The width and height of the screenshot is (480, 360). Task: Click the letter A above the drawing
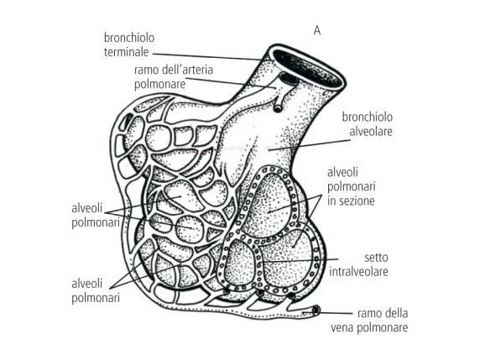click(317, 31)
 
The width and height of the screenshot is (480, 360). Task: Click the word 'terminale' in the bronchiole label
click(127, 52)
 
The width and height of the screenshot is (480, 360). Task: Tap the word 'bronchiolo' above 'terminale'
click(129, 38)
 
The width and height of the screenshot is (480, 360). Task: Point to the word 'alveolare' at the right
click(371, 131)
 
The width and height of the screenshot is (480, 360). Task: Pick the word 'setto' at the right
click(376, 258)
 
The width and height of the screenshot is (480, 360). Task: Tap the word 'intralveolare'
click(359, 272)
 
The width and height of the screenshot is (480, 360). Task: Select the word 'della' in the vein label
click(395, 313)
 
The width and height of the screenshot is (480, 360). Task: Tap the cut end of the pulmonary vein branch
click(316, 310)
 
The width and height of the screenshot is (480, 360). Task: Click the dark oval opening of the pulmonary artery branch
click(289, 79)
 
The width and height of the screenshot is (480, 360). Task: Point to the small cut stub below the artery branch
click(278, 108)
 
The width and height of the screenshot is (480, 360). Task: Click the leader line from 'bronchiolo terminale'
click(207, 57)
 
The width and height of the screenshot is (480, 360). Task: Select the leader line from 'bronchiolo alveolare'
click(309, 145)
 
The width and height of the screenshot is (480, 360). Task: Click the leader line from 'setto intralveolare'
click(300, 261)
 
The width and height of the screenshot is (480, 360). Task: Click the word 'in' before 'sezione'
click(332, 201)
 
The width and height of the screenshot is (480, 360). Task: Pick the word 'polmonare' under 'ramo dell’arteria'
click(160, 84)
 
